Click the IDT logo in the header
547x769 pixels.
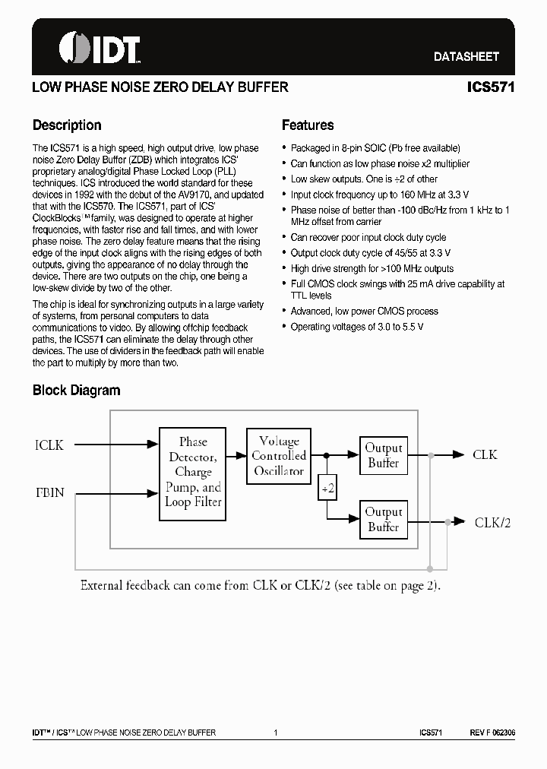(x=100, y=49)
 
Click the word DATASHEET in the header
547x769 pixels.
(x=466, y=56)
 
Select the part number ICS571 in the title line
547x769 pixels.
(x=491, y=87)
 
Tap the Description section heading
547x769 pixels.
(x=67, y=125)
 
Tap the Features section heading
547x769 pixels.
(x=308, y=125)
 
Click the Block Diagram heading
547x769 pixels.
(x=76, y=391)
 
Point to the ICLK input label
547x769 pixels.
(x=49, y=445)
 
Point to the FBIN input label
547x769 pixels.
(x=49, y=492)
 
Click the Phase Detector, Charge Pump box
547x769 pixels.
(x=192, y=473)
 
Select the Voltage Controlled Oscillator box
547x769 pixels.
(x=279, y=455)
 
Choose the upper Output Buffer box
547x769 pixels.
(x=384, y=455)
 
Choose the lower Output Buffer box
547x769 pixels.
(x=384, y=519)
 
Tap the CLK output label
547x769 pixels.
(x=485, y=454)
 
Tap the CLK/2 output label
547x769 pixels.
(x=492, y=522)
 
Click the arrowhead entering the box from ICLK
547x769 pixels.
(x=153, y=445)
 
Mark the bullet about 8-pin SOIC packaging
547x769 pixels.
(x=375, y=148)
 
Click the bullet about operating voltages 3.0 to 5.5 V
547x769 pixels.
(x=357, y=326)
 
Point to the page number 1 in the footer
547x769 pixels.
(x=274, y=733)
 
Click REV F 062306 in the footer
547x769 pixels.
(x=492, y=733)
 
